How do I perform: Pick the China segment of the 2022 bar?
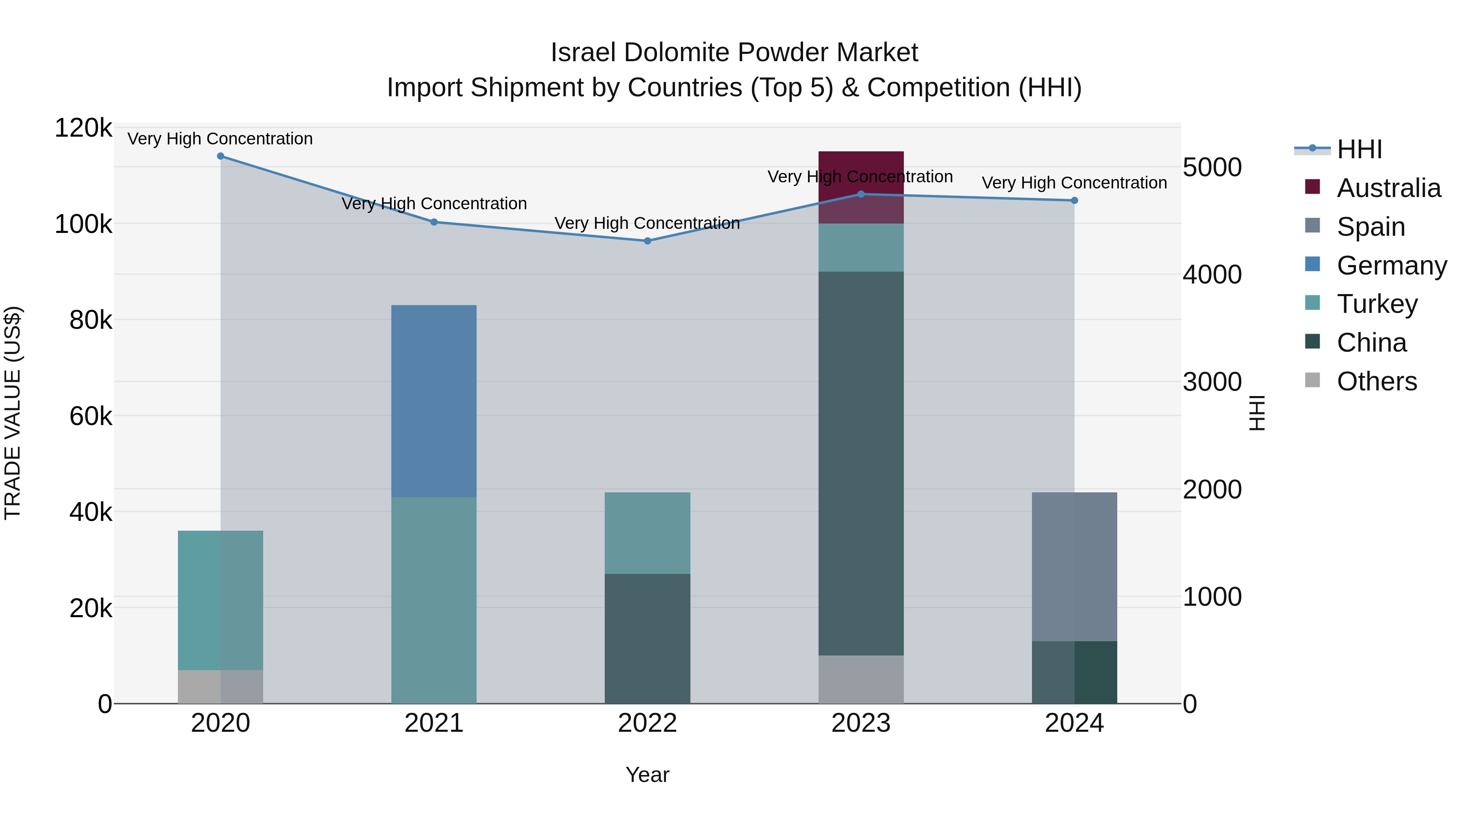point(647,638)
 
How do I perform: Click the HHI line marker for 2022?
point(647,241)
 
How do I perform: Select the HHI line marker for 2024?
point(1074,201)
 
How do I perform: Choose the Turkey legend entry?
point(1377,304)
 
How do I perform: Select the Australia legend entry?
point(1388,188)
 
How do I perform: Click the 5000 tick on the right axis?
point(1212,168)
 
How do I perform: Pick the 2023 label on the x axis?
point(861,723)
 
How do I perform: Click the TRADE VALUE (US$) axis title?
point(13,413)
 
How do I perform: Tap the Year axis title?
point(647,775)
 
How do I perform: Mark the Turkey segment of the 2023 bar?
point(861,248)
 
